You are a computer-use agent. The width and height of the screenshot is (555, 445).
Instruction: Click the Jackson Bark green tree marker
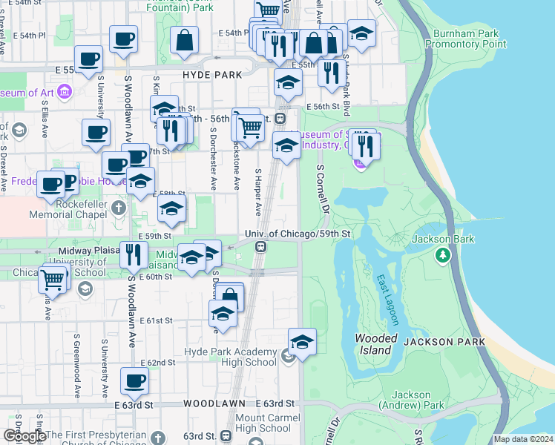tap(443, 255)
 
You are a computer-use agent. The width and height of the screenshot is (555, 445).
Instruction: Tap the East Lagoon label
tap(387, 300)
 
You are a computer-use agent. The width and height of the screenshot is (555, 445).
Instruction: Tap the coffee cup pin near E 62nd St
tap(134, 382)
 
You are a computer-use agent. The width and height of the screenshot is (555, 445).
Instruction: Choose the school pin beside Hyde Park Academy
tap(302, 343)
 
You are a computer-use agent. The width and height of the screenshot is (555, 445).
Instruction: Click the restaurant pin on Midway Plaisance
tap(134, 254)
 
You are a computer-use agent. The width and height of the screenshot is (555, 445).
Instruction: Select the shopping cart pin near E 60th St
tap(53, 280)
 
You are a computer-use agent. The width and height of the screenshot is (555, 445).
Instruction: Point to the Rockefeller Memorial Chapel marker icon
tap(120, 208)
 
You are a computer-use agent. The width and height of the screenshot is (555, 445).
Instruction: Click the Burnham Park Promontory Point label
tap(470, 39)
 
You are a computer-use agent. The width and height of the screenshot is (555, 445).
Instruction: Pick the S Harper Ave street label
tap(259, 191)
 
